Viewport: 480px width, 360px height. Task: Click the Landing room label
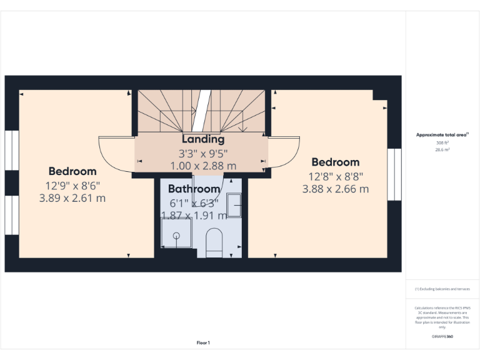[x=203, y=139]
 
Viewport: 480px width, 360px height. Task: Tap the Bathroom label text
[x=194, y=189]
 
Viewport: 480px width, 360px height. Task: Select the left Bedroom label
[x=72, y=171]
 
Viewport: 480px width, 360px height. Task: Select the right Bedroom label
[x=336, y=162]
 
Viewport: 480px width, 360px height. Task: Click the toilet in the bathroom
[x=214, y=242]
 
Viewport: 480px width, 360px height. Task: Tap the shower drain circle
[x=176, y=236]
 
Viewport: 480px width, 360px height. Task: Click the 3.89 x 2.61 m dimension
[x=72, y=198]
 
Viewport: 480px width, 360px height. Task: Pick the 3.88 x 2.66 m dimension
[x=336, y=189]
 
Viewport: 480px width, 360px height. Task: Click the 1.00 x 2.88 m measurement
[x=203, y=166]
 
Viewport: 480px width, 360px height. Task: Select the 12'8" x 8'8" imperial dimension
[x=336, y=176]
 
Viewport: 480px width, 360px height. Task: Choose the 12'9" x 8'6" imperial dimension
[x=72, y=186]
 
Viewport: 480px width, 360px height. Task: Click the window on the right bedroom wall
[x=393, y=174]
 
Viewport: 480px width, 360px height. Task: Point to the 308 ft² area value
[x=442, y=143]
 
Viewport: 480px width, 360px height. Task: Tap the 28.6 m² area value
[x=442, y=150]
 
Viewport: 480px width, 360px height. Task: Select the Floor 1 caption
[x=203, y=342]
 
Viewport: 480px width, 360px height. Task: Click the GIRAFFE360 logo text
[x=442, y=337]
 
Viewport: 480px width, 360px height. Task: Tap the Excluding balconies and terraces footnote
[x=442, y=289]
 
